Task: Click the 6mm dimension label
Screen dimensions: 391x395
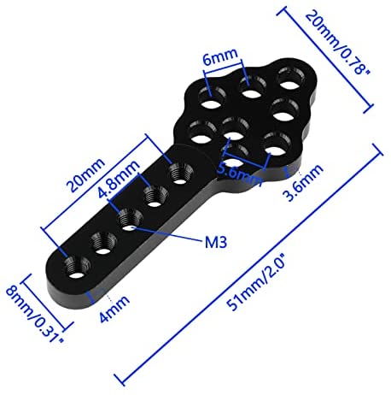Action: [x=219, y=57]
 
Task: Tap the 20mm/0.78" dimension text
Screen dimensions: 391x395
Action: [x=337, y=44]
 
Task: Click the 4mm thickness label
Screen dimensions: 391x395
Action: [x=114, y=309]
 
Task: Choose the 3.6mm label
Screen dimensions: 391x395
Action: [x=303, y=182]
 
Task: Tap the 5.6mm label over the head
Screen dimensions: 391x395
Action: [x=240, y=174]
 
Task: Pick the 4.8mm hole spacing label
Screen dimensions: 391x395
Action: [x=119, y=179]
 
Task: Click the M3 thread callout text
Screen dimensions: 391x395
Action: [x=216, y=243]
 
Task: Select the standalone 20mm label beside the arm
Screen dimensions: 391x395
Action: [x=85, y=175]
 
